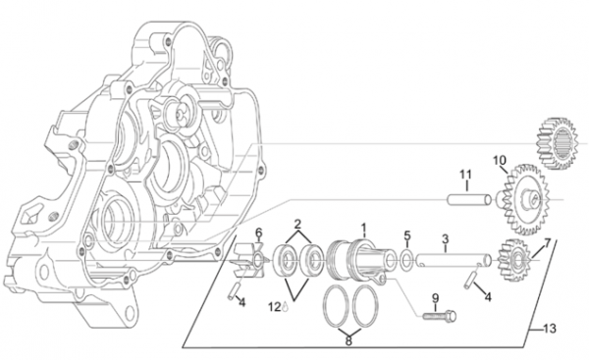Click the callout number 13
tap(549, 329)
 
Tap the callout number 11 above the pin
tap(465, 175)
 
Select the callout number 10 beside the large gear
tap(500, 161)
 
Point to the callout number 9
tap(435, 298)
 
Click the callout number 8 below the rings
tap(348, 341)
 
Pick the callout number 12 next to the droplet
tap(275, 307)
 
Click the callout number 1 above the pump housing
tap(363, 228)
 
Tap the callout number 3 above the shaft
tap(445, 238)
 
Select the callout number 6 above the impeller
tap(259, 233)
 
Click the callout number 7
tap(547, 243)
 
